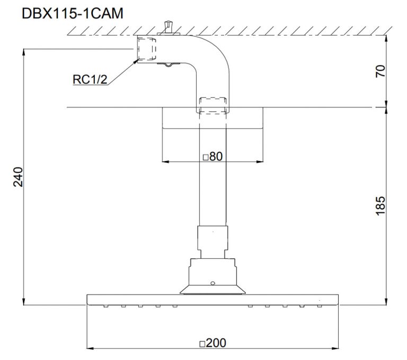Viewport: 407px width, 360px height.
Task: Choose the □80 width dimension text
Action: tap(211, 157)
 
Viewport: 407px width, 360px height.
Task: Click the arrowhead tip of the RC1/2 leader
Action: tap(136, 60)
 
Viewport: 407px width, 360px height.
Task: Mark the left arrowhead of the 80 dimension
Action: tap(162, 161)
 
